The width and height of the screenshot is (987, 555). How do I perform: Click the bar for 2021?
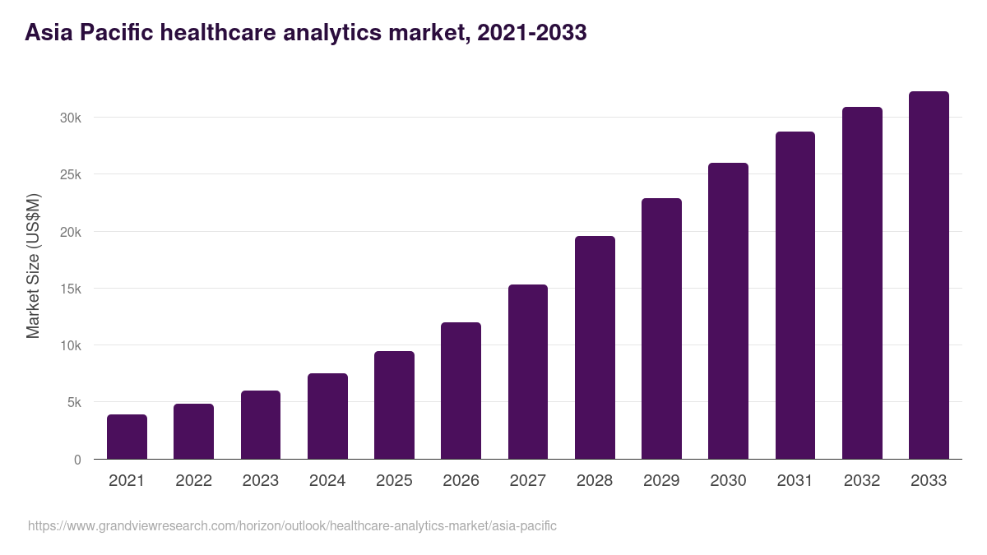(x=127, y=437)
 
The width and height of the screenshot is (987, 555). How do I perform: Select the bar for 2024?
(x=327, y=416)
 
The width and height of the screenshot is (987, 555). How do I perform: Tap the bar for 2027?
(x=528, y=372)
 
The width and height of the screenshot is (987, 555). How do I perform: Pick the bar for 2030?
(x=729, y=311)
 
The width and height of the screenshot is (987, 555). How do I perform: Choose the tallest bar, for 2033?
(x=929, y=275)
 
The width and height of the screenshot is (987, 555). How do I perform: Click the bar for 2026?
(x=461, y=391)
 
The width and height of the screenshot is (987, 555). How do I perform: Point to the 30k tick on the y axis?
(x=71, y=118)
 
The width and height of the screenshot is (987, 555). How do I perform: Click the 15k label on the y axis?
(x=71, y=289)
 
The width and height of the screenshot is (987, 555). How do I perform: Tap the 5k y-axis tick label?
(x=73, y=403)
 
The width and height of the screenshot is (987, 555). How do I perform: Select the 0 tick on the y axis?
(x=77, y=460)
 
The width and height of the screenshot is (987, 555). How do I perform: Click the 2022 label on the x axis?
(x=193, y=481)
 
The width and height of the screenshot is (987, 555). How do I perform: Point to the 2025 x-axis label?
(x=394, y=481)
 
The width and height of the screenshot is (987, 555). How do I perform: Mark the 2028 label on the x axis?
(x=595, y=481)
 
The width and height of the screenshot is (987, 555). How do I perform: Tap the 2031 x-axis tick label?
(x=795, y=481)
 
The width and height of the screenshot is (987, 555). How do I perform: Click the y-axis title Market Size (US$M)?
(x=33, y=266)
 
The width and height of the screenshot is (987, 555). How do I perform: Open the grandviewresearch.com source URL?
(x=292, y=525)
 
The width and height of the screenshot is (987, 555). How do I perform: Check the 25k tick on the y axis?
(x=71, y=174)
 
